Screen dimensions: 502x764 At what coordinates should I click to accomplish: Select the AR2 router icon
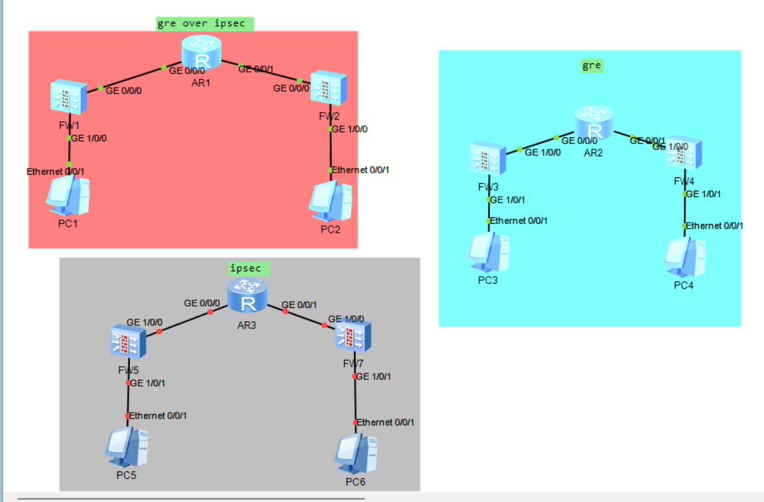593,123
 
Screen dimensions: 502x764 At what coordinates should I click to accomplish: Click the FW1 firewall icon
68,97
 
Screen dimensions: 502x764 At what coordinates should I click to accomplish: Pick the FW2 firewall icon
328,87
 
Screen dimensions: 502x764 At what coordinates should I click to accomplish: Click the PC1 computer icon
69,197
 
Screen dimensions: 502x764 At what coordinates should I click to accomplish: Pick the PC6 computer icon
355,454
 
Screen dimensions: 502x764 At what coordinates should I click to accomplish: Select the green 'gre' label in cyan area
591,65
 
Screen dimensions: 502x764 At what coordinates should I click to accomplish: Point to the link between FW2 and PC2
331,150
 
